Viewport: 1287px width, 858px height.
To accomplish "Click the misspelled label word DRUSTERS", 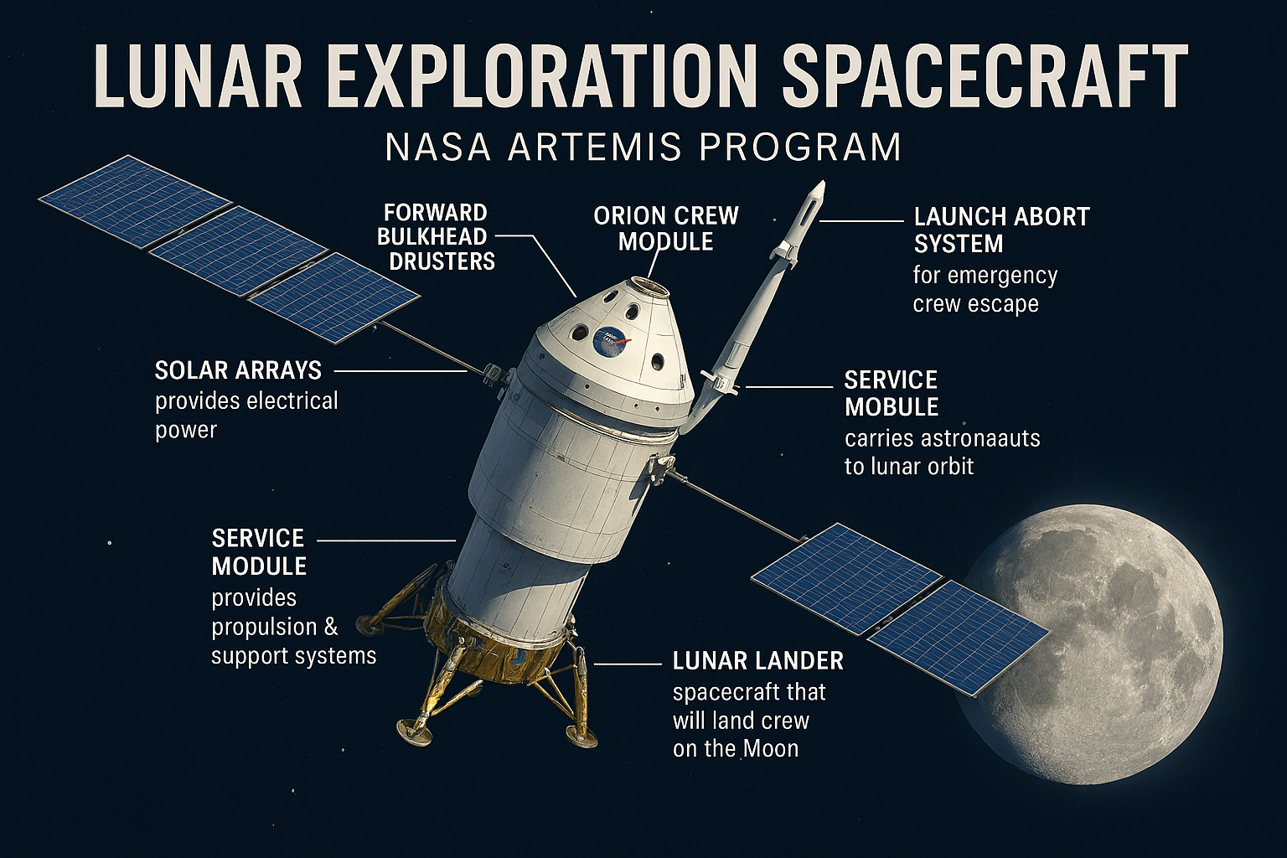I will click(442, 261).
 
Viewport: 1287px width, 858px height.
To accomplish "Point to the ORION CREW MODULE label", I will click(665, 228).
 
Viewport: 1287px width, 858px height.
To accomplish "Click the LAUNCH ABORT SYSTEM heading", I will click(1000, 230).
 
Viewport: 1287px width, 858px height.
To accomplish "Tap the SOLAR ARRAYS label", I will click(238, 370).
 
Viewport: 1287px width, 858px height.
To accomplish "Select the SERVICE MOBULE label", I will click(891, 393).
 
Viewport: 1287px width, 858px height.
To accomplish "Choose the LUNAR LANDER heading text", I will click(757, 661).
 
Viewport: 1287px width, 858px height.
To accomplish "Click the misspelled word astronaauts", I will click(980, 438).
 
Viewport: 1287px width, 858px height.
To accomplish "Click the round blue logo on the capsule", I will click(609, 341).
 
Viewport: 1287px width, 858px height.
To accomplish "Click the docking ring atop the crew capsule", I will click(649, 287).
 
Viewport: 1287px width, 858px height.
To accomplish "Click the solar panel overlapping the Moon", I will click(957, 636).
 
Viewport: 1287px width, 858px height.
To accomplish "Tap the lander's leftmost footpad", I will click(369, 623).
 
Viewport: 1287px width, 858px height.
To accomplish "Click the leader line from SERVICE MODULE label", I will click(385, 540).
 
